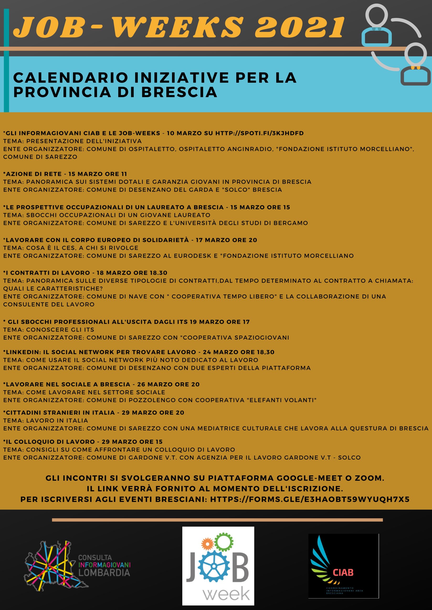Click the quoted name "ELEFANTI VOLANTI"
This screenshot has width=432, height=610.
pos(282,400)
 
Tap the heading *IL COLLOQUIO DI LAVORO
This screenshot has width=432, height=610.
pos(49,442)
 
